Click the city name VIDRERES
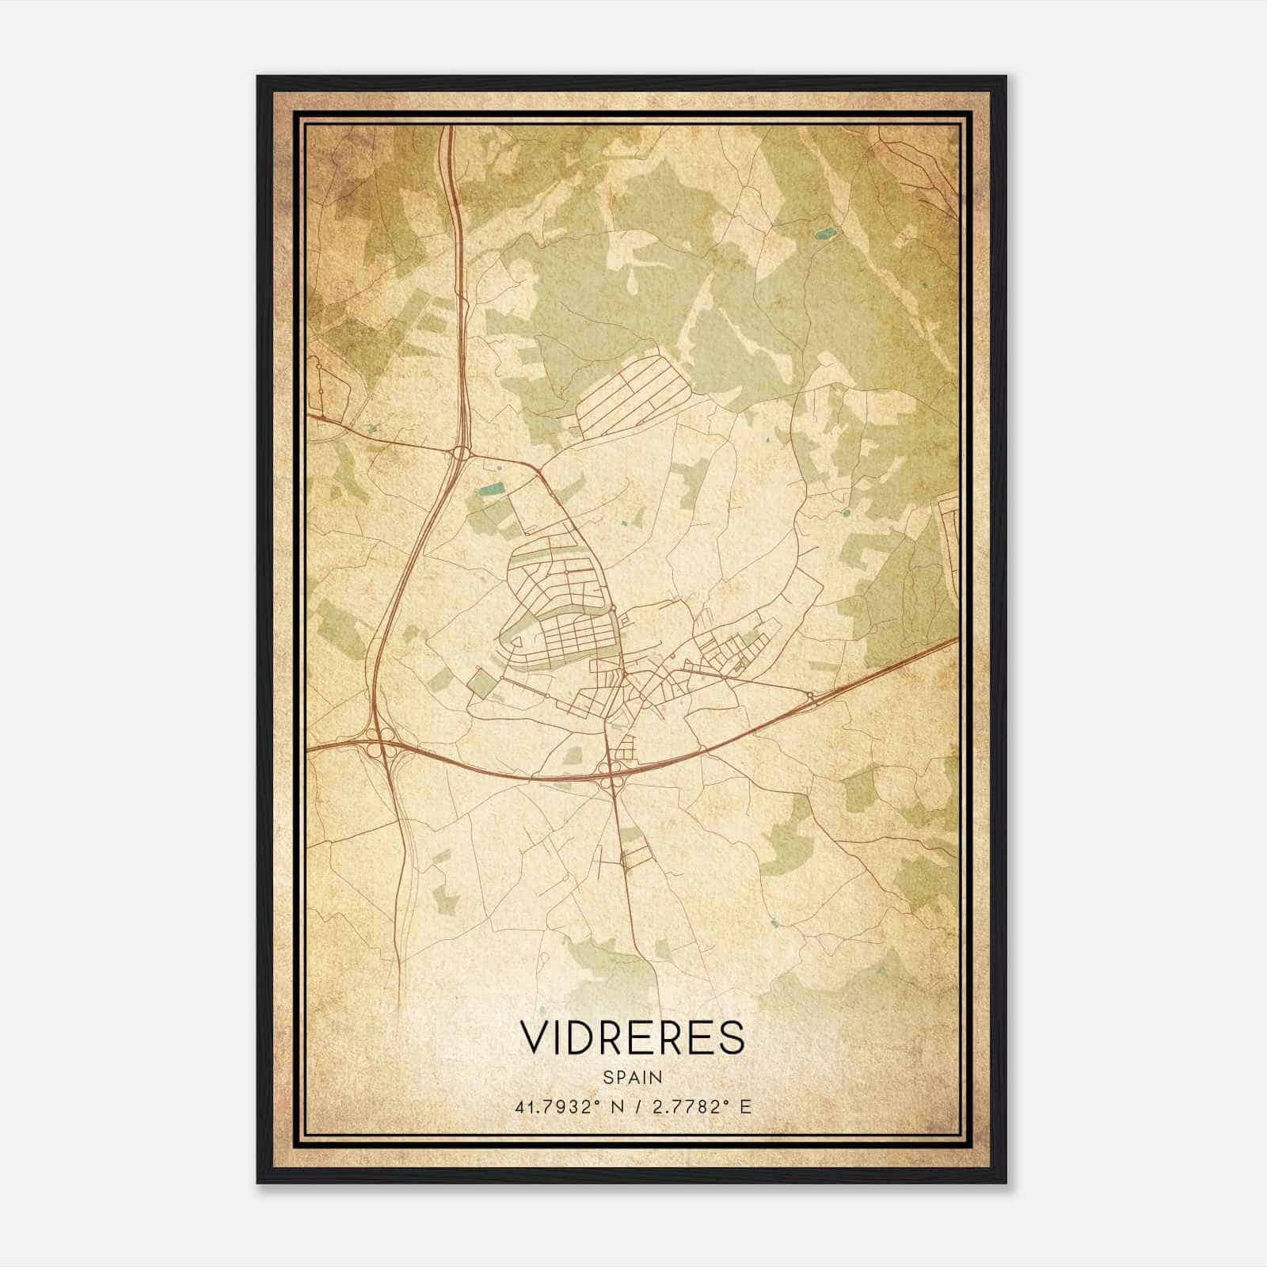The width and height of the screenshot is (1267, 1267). tap(632, 1037)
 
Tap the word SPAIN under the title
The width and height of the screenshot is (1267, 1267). tap(632, 1077)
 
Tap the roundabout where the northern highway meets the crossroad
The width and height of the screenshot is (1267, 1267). tap(461, 453)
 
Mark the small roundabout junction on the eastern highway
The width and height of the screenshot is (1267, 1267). tap(811, 697)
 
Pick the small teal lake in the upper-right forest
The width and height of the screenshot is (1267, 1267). tap(826, 234)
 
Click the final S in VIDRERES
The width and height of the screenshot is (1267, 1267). tap(733, 1037)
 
